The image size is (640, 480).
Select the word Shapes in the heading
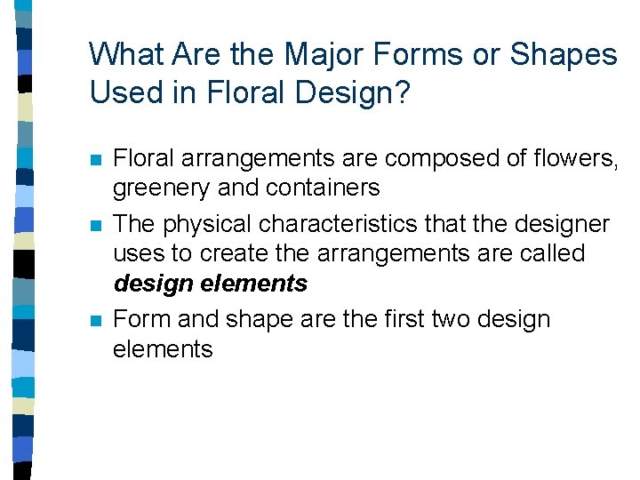pyautogui.click(x=564, y=55)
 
